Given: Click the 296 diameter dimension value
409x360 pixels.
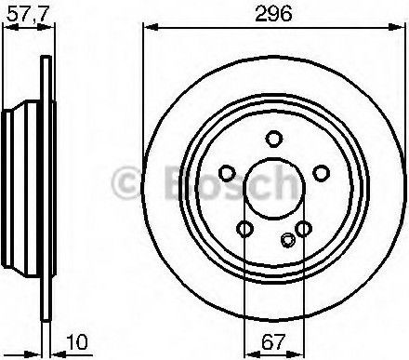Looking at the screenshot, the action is pos(273,14).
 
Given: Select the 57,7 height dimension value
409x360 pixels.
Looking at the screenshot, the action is pos(28,14).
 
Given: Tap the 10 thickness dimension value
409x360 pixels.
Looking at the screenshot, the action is pos(77,342).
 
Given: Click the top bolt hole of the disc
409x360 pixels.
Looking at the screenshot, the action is pos(274,139).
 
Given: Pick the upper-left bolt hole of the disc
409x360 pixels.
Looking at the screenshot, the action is pos(227,173).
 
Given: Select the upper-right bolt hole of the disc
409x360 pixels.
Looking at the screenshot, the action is pos(321,173).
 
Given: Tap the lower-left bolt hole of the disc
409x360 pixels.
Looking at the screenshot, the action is pos(244,229).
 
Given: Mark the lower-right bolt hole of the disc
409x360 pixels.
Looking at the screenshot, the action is pos(303,229).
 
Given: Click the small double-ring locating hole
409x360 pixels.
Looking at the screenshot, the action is pos(288,240).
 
